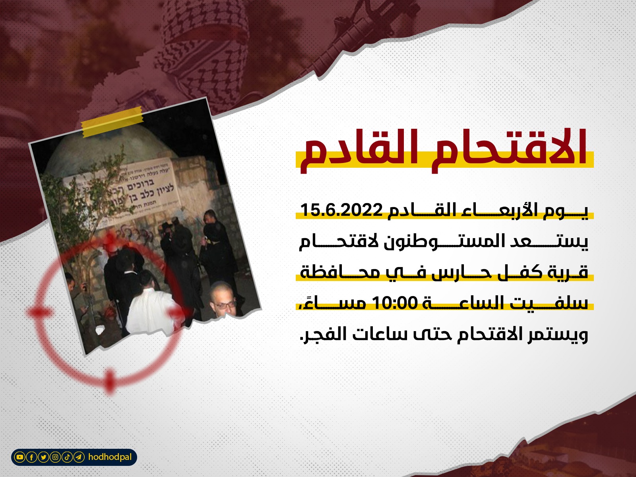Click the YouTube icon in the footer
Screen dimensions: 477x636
click(19, 458)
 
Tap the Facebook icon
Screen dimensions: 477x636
click(31, 458)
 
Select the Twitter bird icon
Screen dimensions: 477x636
click(43, 458)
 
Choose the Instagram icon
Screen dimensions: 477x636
click(55, 458)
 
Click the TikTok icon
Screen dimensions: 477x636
click(67, 458)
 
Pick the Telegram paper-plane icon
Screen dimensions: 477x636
click(79, 458)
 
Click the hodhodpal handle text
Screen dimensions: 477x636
click(110, 457)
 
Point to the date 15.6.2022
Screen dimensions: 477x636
click(341, 210)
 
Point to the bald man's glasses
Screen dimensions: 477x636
click(224, 304)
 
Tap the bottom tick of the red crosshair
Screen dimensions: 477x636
click(110, 380)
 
